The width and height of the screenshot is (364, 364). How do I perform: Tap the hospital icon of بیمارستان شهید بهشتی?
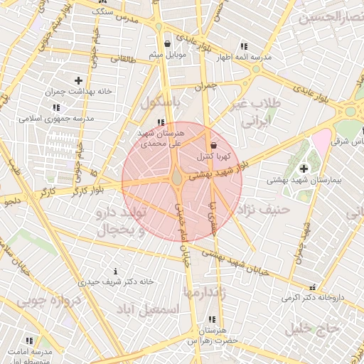304,168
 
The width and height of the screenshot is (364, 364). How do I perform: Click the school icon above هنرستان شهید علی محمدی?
168,122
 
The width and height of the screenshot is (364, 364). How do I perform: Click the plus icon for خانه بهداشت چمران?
78,81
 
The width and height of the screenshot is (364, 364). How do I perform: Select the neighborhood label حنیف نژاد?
265,210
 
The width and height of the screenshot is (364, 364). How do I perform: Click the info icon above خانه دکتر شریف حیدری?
115,271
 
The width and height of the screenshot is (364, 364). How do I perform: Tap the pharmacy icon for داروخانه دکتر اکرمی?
312,287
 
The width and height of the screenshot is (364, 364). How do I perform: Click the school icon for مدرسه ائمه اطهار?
245,46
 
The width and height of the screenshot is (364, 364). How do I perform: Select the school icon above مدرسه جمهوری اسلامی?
55,107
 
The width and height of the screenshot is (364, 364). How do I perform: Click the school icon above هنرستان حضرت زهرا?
211,320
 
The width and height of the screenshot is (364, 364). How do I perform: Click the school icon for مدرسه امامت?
29,341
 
